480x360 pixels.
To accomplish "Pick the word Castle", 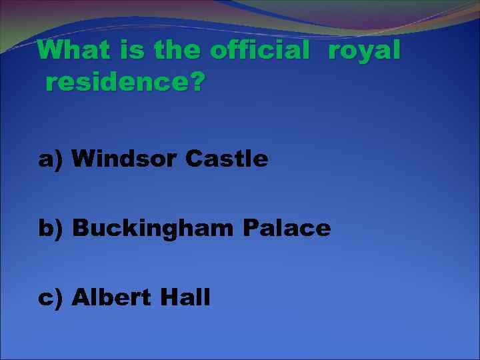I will coord(227,159).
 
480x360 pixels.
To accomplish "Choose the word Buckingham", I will coord(153,229).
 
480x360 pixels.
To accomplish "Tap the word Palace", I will coord(287,229).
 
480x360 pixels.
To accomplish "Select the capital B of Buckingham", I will coord(80,229).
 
